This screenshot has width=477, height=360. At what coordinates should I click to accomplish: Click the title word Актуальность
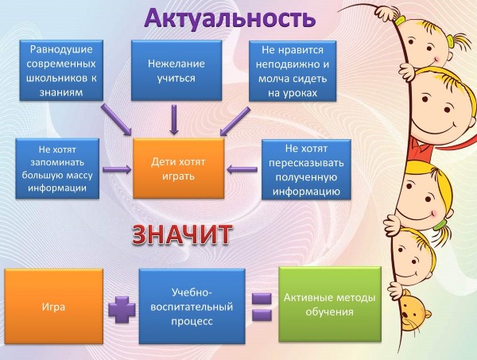[230, 19]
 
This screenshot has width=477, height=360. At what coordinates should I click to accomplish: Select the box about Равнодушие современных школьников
[61, 70]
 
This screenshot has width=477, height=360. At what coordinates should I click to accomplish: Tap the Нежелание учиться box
[176, 70]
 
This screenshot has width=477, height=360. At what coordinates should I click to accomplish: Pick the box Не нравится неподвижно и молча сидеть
[293, 71]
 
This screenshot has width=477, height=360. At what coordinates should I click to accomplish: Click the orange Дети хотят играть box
[179, 168]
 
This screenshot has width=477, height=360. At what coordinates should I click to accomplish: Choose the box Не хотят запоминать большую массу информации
[57, 168]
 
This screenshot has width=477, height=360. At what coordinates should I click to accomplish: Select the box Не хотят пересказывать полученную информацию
[306, 169]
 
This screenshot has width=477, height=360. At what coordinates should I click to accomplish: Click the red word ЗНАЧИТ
[182, 234]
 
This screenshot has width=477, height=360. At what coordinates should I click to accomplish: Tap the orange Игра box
[53, 306]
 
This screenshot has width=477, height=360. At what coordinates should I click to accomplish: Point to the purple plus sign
[122, 309]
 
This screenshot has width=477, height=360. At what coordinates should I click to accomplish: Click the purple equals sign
[262, 307]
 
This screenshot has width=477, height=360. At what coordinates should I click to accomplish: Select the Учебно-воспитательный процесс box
[192, 306]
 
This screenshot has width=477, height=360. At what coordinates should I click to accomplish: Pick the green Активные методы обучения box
[330, 304]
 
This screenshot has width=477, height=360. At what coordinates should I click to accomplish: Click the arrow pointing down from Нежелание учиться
[174, 119]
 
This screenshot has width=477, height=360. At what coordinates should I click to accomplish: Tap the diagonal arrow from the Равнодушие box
[116, 119]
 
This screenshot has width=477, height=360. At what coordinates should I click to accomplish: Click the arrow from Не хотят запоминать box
[117, 169]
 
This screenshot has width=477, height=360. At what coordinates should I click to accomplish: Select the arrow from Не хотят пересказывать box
[242, 169]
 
